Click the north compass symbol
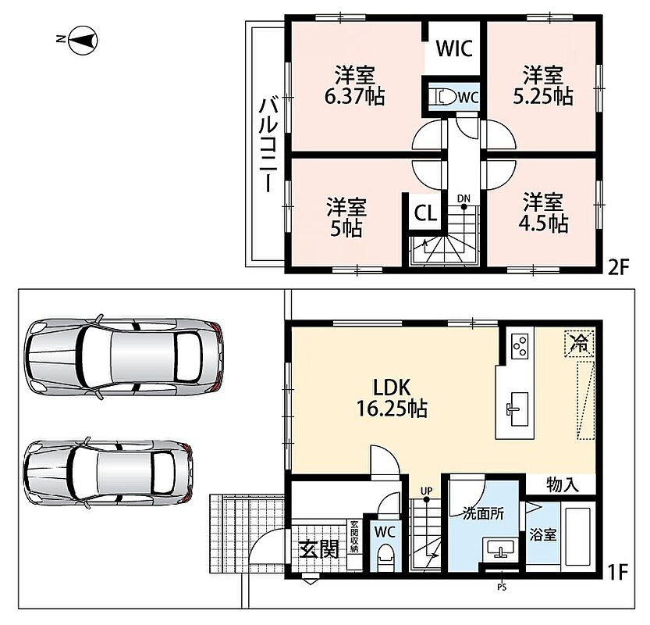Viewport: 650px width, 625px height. point(83,40)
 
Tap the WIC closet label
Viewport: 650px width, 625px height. point(454,48)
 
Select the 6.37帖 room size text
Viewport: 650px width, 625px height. point(354,97)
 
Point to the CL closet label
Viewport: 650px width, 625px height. point(425,213)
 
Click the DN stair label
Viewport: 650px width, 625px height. point(464,198)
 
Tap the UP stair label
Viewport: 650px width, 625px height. point(426,491)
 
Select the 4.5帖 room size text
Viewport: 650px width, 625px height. point(543,224)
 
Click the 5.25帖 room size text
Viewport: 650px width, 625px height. point(543,97)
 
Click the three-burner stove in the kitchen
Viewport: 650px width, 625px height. point(520,346)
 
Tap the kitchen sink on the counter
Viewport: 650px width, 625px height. point(519,409)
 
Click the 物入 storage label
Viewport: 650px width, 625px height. point(563,484)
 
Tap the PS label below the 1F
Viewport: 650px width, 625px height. point(502,587)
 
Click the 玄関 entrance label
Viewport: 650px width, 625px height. point(319,549)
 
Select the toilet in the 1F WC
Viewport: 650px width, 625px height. point(385,556)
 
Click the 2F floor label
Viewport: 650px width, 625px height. point(618,267)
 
